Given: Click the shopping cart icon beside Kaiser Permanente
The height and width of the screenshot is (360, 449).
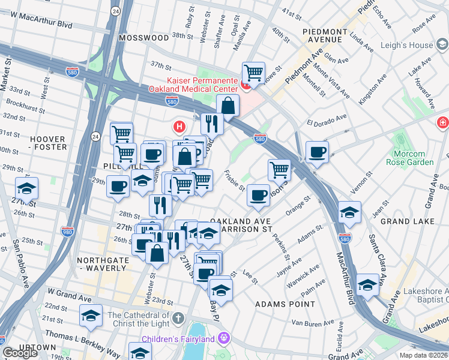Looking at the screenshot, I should point(254,73).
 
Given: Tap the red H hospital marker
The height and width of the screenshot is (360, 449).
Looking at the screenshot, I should point(178,127).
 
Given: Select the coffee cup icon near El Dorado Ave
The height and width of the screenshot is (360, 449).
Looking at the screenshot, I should point(316,151).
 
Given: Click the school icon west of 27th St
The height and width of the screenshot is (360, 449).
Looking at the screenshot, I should point(26,188).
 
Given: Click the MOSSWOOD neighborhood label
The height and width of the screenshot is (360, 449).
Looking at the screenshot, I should point(143,37).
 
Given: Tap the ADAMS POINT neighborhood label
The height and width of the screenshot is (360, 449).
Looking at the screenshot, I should point(285,304).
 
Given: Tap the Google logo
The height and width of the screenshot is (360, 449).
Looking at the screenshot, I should point(20,353).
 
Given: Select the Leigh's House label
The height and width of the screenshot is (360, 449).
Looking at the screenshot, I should point(424,45).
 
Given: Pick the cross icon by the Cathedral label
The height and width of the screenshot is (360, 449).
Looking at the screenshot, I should point(178,316).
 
